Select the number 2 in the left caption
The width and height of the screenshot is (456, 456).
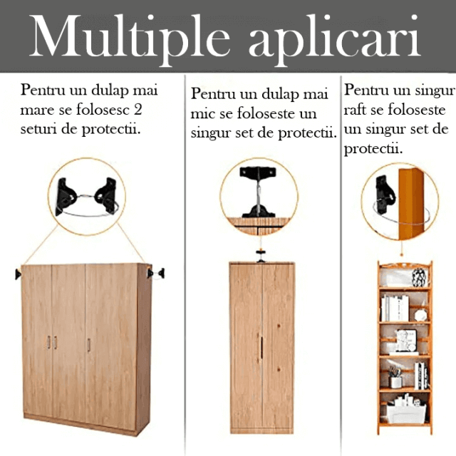(138, 110)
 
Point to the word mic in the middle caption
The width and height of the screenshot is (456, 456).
(202, 114)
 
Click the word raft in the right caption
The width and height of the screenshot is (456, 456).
(355, 110)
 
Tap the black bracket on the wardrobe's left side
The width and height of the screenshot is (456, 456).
(18, 274)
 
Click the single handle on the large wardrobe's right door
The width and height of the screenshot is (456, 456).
(89, 345)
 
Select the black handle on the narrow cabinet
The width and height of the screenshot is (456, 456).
(261, 348)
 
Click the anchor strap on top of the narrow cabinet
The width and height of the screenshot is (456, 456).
(261, 256)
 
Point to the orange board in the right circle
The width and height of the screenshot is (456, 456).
(410, 204)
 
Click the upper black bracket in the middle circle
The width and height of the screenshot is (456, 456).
(258, 172)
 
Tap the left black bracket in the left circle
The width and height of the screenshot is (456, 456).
(65, 197)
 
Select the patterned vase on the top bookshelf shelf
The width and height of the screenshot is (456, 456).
(420, 277)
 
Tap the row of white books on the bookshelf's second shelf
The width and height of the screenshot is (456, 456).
(395, 309)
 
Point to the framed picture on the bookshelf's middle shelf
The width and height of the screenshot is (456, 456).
(407, 341)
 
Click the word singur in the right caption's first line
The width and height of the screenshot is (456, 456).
(435, 91)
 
